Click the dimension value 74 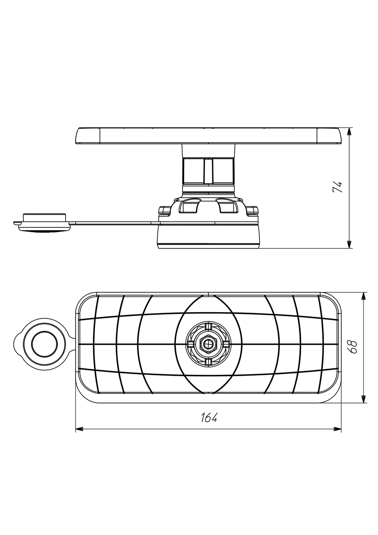point(337,187)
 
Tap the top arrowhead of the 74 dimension point(349,132)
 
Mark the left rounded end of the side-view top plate point(88,136)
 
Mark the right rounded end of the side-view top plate point(329,136)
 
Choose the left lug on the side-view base point(164,210)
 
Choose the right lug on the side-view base point(252,210)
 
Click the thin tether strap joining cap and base point(114,223)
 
